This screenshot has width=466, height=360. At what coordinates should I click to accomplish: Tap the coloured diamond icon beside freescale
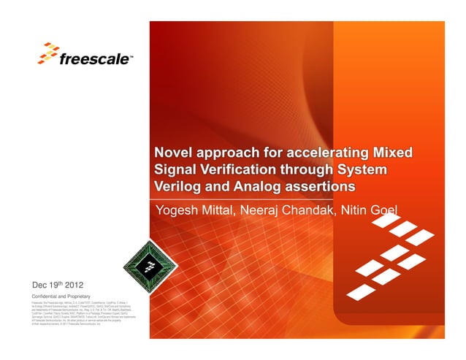click(x=49, y=53)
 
